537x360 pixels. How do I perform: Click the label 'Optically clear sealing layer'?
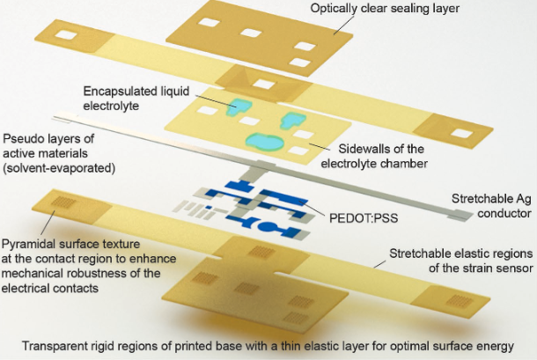385,8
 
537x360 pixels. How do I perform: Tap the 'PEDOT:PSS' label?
364,218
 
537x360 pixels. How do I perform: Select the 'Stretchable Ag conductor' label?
491,205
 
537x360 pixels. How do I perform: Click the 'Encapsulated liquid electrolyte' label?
136,98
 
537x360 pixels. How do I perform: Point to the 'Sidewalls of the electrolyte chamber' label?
374,156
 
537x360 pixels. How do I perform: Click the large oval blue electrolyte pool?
265,141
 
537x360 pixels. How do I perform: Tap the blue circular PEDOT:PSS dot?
268,227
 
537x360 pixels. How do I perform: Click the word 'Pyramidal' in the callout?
28,245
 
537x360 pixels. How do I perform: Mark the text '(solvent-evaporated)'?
59,168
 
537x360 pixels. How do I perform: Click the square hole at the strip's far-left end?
66,34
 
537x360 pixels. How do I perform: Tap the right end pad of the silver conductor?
460,215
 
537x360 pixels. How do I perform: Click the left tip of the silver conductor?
54,118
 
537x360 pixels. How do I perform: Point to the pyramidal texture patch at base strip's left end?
63,202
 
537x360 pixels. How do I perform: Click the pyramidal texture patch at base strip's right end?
460,300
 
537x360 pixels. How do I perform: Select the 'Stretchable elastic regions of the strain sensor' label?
461,261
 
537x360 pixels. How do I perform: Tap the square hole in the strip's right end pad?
462,133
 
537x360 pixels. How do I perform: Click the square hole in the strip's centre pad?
264,84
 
